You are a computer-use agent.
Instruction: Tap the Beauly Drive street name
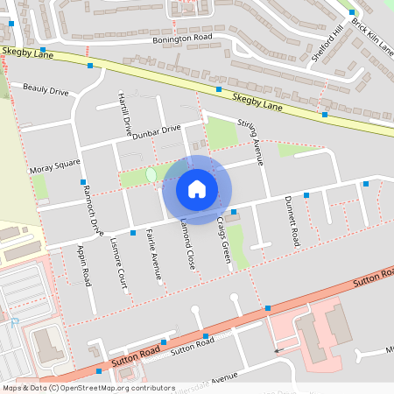(46, 89)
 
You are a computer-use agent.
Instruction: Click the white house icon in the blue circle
(197, 189)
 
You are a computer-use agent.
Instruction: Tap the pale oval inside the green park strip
(151, 175)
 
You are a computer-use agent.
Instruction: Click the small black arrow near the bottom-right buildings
(278, 351)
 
